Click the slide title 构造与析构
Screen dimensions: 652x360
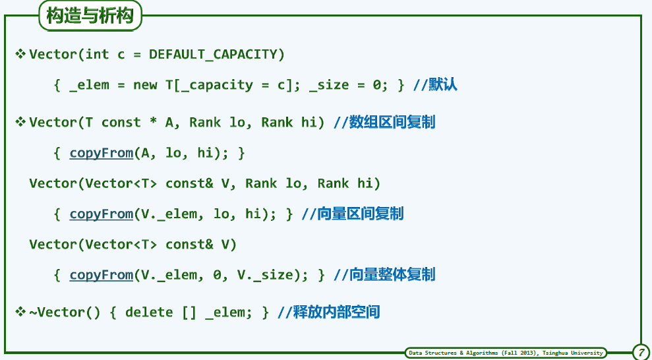tap(90, 16)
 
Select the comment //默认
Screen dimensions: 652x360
tap(435, 85)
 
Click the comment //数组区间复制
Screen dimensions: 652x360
tap(384, 123)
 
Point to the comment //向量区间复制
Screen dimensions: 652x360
tap(353, 214)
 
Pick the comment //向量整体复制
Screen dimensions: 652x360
tap(384, 275)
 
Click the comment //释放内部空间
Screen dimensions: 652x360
tap(328, 312)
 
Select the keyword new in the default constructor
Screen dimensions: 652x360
tap(145, 85)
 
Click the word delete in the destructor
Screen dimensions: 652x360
tap(149, 312)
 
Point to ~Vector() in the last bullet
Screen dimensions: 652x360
tap(65, 312)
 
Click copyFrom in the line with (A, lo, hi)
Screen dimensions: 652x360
tap(101, 154)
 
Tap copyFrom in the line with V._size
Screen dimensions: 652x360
tap(101, 275)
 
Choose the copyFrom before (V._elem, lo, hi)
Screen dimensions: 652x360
tap(101, 214)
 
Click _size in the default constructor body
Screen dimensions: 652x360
tap(329, 86)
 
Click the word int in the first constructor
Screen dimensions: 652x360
tap(98, 54)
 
